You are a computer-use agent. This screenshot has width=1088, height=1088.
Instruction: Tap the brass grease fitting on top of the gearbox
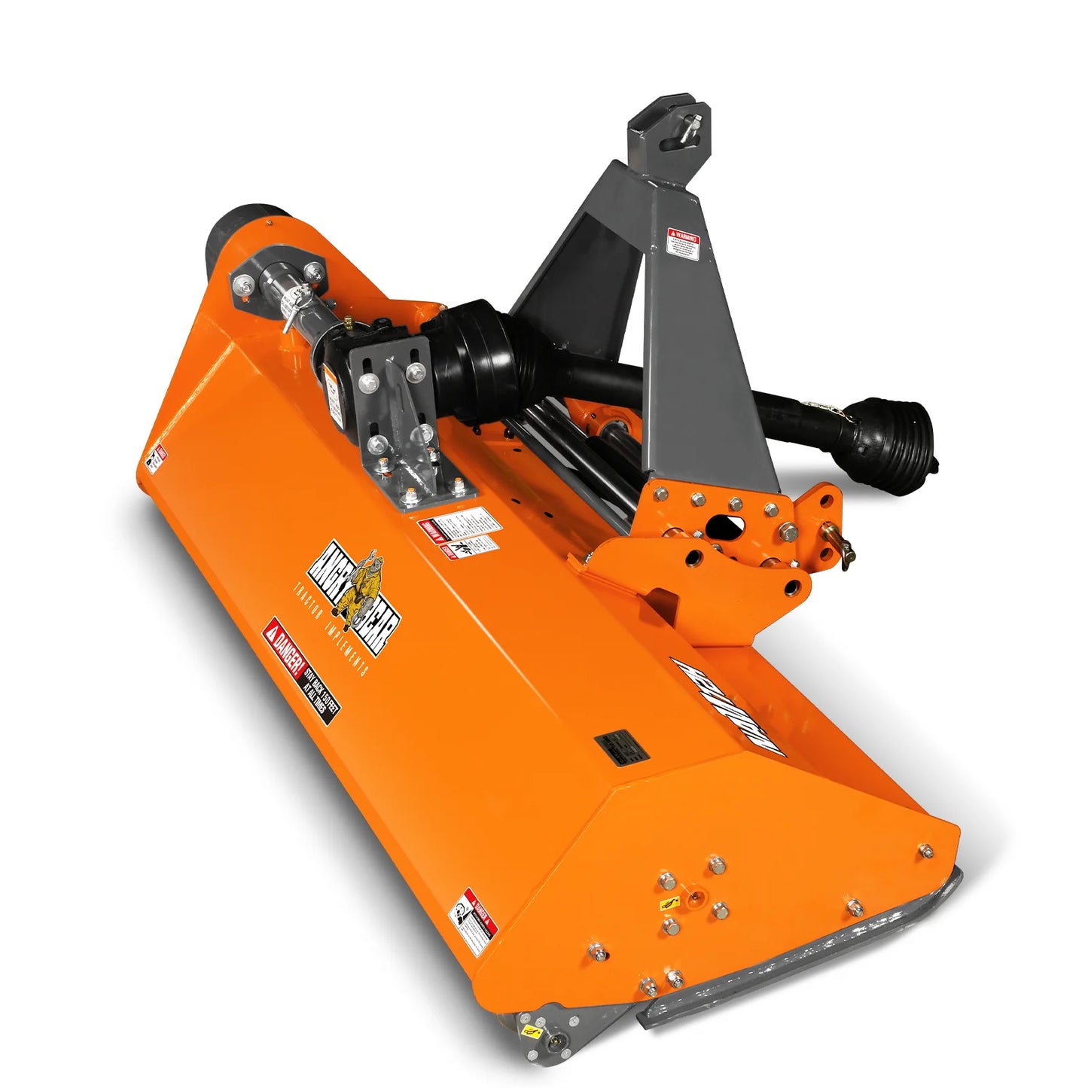click(349, 324)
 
